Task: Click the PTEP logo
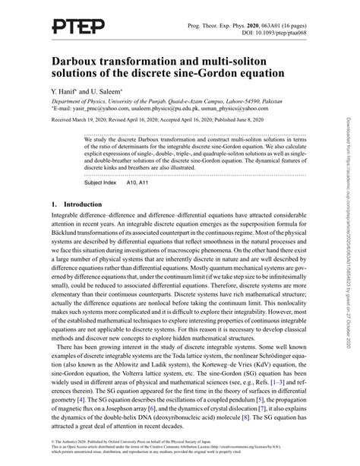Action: [77, 27]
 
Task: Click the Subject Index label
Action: [102, 184]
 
